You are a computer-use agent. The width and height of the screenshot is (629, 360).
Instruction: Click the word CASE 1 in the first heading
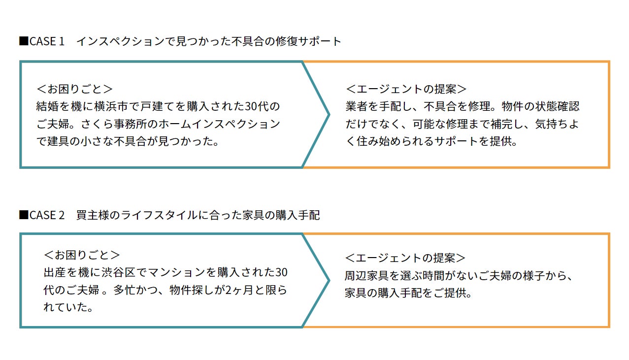47,41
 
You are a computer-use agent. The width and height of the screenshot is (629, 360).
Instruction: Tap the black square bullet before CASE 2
23,215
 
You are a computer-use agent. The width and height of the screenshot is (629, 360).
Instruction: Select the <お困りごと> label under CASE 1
74,89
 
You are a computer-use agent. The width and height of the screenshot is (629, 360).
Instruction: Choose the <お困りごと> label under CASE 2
82,255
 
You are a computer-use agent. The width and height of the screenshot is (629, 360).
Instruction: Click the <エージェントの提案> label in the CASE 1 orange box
406,89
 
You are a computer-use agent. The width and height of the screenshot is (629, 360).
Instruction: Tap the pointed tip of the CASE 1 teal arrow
328,115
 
